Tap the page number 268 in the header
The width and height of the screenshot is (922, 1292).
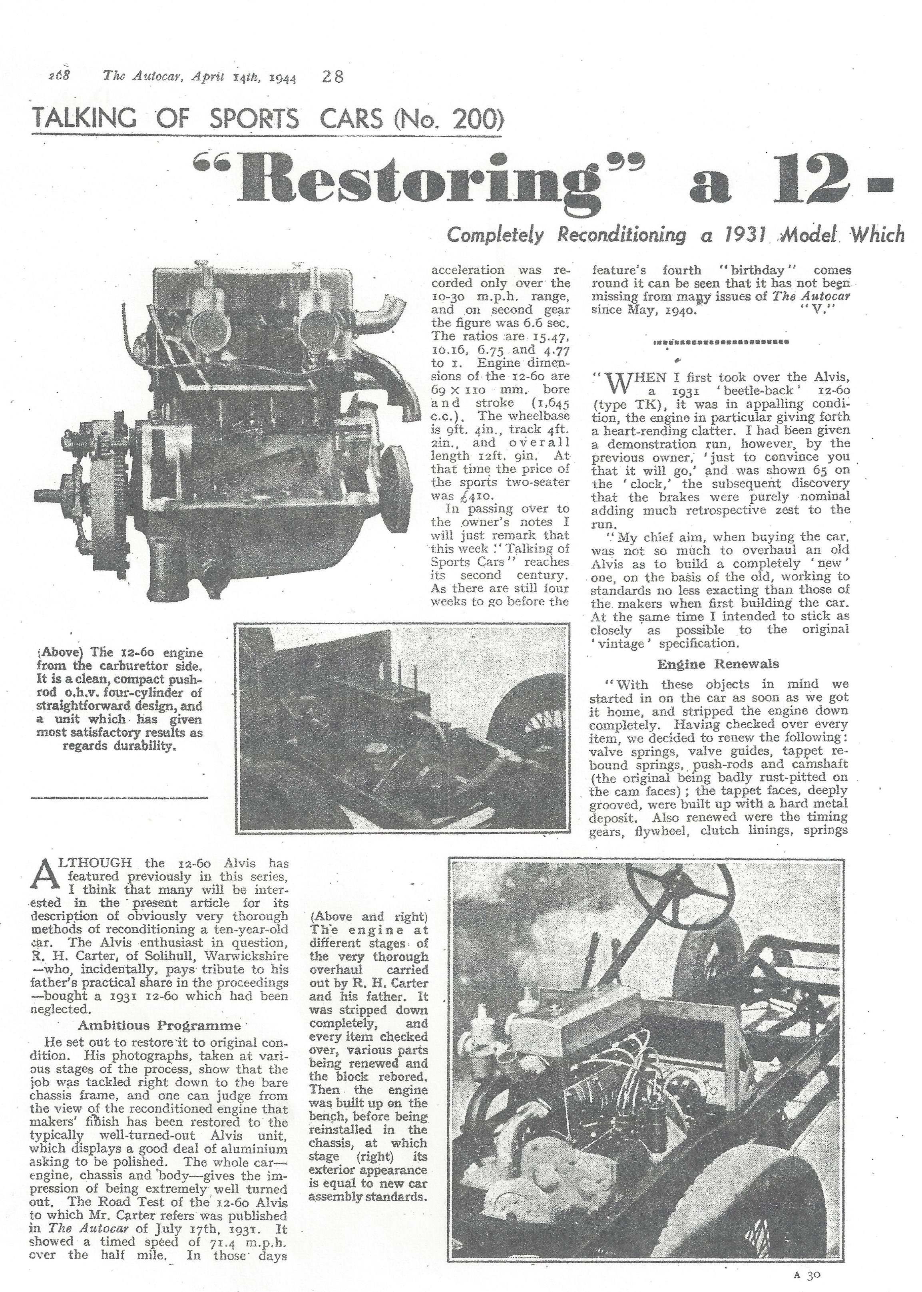(x=58, y=76)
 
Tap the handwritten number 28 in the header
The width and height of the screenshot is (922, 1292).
(x=333, y=76)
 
